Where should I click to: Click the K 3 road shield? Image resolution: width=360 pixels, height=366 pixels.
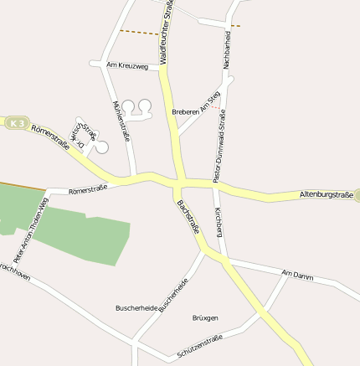pyautogui.click(x=15, y=124)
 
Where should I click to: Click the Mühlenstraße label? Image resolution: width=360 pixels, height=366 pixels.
pyautogui.click(x=121, y=121)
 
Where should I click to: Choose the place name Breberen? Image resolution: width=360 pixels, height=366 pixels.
pyautogui.click(x=184, y=111)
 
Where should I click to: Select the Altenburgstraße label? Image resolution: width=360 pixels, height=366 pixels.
pyautogui.click(x=327, y=195)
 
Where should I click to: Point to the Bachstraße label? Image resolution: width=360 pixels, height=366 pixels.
pyautogui.click(x=187, y=216)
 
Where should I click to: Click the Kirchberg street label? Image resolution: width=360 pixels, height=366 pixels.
pyautogui.click(x=218, y=221)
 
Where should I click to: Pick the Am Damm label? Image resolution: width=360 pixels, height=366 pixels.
pyautogui.click(x=296, y=274)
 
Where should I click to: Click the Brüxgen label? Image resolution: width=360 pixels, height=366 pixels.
pyautogui.click(x=205, y=318)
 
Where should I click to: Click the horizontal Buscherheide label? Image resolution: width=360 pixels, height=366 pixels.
pyautogui.click(x=136, y=308)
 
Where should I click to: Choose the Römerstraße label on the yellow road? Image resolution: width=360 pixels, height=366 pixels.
pyautogui.click(x=50, y=137)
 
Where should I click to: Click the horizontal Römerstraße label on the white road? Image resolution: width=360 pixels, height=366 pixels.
pyautogui.click(x=90, y=191)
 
